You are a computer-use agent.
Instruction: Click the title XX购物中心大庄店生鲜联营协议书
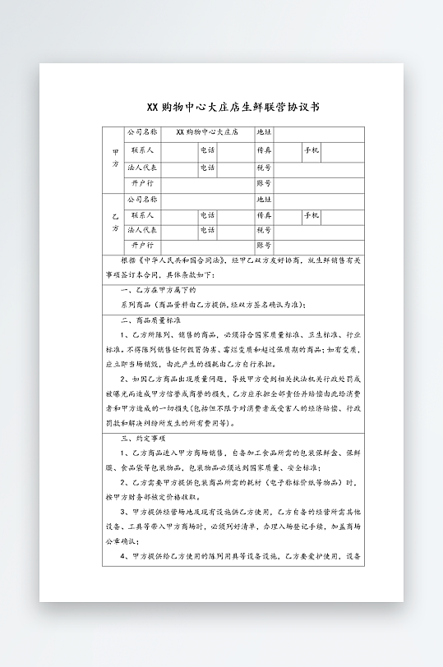click(222, 107)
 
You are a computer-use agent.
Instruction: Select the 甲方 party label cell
click(114, 159)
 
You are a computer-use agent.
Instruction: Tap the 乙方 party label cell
click(114, 223)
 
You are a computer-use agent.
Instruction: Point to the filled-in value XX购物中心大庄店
click(206, 131)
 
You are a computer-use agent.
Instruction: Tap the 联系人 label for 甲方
click(142, 151)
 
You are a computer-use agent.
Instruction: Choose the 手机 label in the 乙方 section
click(311, 215)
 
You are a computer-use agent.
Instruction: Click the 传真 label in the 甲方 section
click(264, 151)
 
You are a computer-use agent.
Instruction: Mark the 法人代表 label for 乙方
click(142, 230)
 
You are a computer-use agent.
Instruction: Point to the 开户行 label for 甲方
click(142, 183)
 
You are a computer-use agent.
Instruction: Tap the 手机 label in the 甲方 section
click(311, 151)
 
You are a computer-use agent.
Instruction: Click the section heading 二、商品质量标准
click(150, 320)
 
